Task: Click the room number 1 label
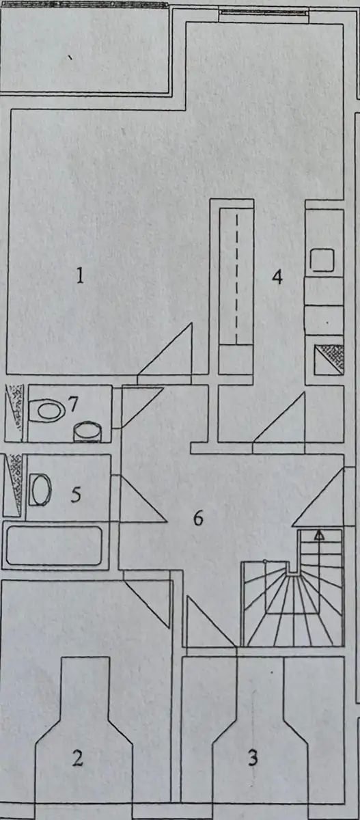(80, 275)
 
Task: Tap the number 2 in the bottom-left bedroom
(78, 758)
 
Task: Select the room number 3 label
(253, 757)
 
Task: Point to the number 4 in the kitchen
(277, 277)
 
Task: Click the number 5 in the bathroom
(76, 495)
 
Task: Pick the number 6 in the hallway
(198, 518)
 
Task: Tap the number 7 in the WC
(73, 405)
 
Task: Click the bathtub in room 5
(54, 546)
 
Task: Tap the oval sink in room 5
(40, 490)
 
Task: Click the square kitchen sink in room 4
(322, 260)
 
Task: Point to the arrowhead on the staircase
(320, 535)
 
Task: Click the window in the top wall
(264, 12)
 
